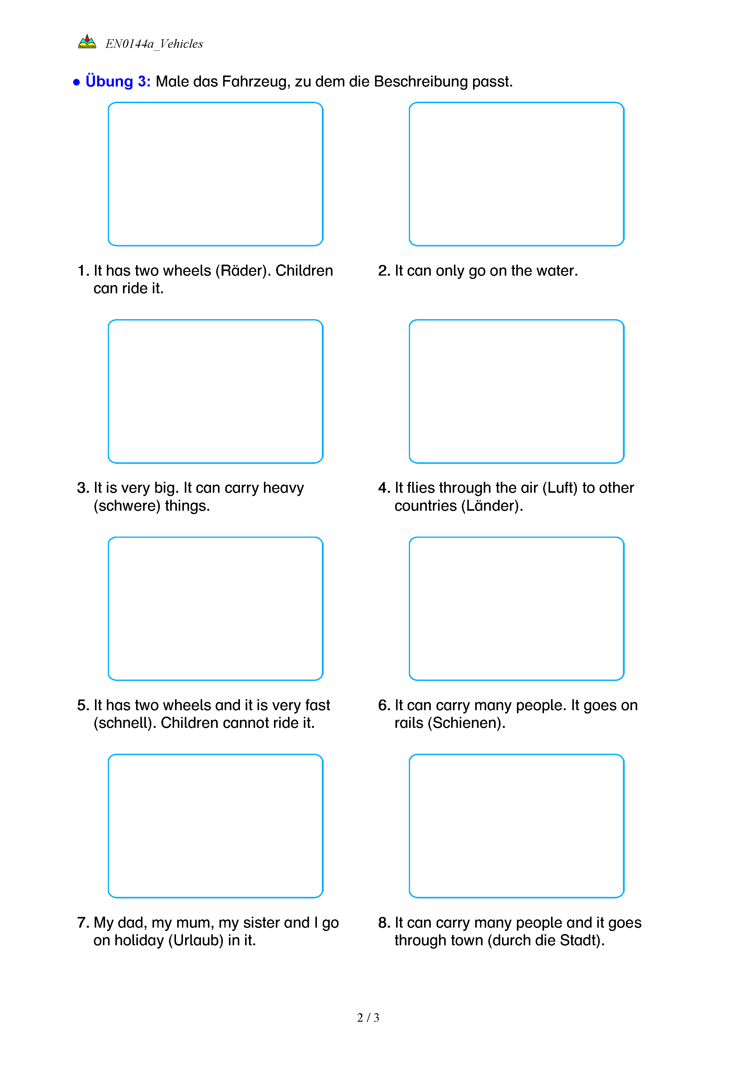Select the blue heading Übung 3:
pos(118,81)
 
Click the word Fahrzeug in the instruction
pos(256,81)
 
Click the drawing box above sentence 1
pos(215,174)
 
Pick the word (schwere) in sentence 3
pos(127,506)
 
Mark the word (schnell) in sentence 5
pos(125,723)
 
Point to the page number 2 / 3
pos(368,1018)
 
